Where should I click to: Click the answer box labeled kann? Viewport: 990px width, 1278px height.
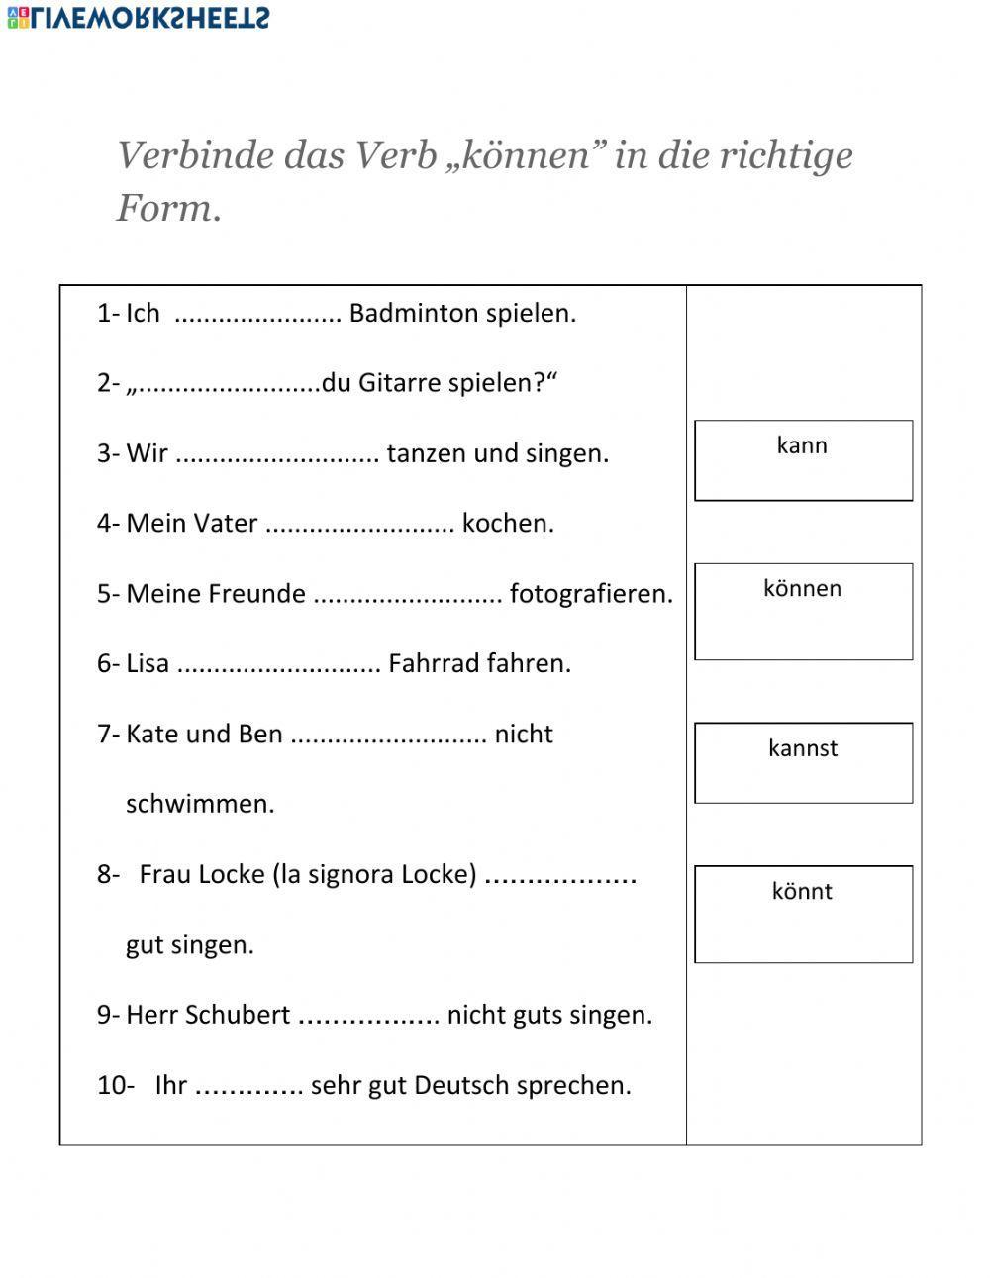pos(803,460)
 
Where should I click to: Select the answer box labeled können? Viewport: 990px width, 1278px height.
pos(803,611)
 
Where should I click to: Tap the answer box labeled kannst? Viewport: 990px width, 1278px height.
pos(803,762)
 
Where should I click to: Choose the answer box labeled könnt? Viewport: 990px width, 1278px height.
pos(803,914)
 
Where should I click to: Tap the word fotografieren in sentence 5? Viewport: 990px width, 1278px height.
pos(590,594)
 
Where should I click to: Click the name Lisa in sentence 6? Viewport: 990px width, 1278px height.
pos(148,663)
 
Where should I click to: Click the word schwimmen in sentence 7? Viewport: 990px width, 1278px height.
pos(200,804)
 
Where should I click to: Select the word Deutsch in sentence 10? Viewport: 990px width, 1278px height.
pos(459,1085)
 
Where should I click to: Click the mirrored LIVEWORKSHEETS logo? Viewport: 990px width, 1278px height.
pos(138,17)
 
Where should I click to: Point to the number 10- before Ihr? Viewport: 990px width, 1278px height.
pos(115,1085)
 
